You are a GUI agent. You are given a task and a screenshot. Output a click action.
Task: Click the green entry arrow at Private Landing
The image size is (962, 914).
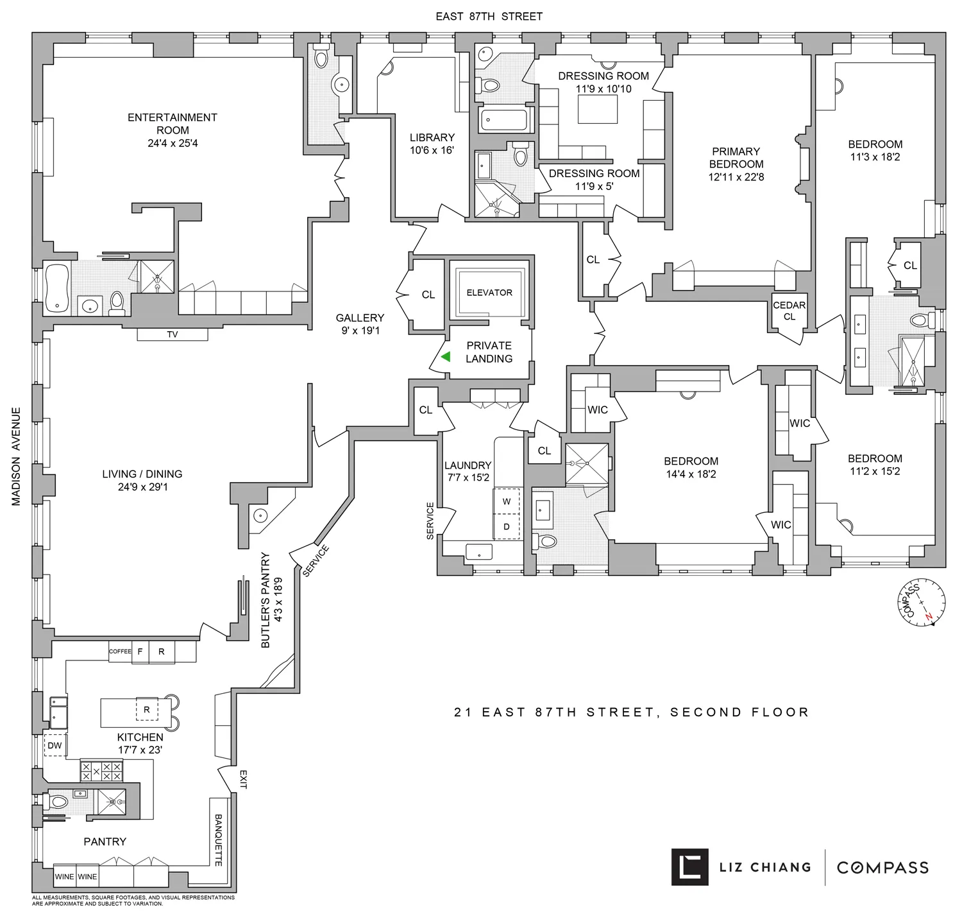(444, 357)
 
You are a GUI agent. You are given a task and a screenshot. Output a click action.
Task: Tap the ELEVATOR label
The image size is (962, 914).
(489, 293)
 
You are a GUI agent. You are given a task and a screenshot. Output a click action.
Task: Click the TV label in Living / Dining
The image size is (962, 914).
(173, 334)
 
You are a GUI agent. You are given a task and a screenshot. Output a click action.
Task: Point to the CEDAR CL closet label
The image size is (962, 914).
(789, 311)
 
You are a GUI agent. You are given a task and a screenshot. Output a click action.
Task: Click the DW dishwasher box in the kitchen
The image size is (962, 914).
(55, 745)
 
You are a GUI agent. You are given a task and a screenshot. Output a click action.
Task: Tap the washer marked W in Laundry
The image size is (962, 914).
(507, 502)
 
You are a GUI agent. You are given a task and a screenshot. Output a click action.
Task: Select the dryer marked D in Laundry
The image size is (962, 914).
(507, 526)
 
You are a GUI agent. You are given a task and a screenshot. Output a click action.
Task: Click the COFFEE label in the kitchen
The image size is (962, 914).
(120, 651)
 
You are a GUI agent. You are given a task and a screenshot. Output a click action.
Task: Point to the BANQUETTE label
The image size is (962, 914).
(218, 840)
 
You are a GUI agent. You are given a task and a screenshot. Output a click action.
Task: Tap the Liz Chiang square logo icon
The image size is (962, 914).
(689, 867)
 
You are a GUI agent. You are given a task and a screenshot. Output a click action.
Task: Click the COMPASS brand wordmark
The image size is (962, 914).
(882, 867)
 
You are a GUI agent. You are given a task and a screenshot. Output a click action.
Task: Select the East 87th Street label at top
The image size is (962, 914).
(489, 17)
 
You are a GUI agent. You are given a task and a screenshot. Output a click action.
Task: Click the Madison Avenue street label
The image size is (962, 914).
(17, 456)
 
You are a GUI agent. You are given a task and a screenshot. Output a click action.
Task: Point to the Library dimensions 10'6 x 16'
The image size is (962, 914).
(432, 150)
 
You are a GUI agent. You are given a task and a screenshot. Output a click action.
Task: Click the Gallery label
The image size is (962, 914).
(360, 318)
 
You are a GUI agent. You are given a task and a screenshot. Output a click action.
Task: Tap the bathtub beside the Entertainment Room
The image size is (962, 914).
(56, 289)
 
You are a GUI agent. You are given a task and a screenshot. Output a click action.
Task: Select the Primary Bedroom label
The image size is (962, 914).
(736, 157)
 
